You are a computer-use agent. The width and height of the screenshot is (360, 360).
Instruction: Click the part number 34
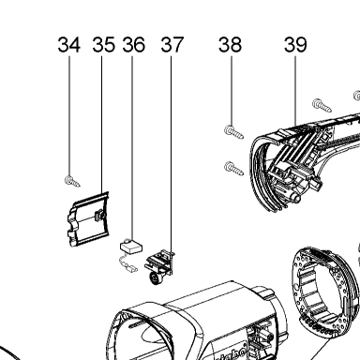[x=69, y=44]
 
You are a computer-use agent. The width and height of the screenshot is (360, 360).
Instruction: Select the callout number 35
[x=104, y=44]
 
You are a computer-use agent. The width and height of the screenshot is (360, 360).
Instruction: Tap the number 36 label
[x=133, y=44]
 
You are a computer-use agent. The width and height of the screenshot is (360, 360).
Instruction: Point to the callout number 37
[x=172, y=44]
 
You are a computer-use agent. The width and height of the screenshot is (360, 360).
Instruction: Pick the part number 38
[x=231, y=44]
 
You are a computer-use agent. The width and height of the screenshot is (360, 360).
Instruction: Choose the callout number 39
[x=295, y=44]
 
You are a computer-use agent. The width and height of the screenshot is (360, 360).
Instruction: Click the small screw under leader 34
[x=72, y=181]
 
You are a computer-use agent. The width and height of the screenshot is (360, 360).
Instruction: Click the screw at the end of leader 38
[x=233, y=132]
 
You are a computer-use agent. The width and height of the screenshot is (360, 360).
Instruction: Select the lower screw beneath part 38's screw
[x=233, y=169]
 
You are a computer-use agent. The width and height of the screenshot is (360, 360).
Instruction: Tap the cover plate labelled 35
[x=88, y=219]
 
